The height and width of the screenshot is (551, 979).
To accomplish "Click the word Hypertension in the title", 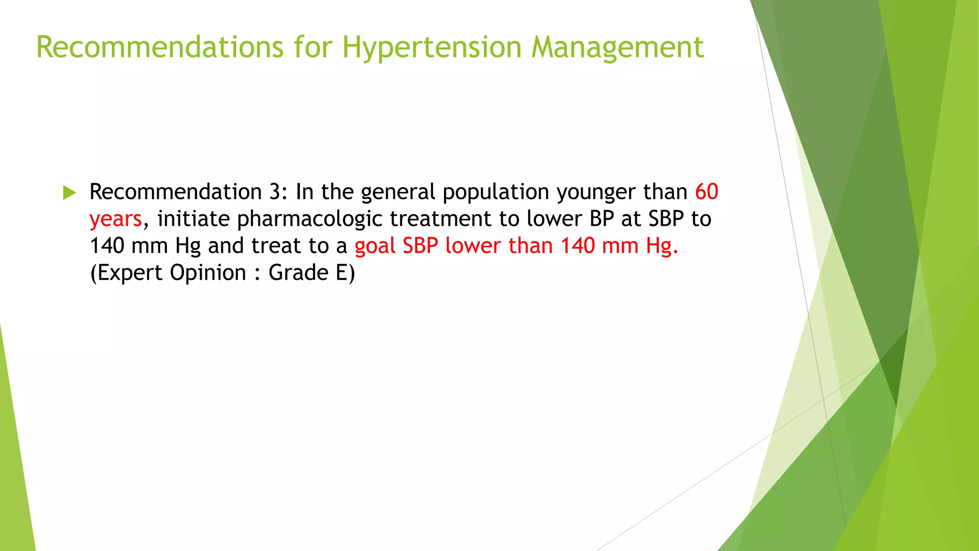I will pos(432,48).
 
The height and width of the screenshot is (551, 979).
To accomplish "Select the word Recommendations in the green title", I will pos(160,48).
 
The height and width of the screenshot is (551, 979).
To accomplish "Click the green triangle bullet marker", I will pos(69,193).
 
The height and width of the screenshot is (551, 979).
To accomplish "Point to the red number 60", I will pos(707,192).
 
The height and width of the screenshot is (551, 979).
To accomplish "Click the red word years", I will pos(116,220).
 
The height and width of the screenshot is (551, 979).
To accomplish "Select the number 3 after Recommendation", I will pos(275,192).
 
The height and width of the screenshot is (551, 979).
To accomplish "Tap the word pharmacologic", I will pos(309,220).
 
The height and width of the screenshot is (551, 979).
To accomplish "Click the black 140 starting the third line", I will pos(107,246).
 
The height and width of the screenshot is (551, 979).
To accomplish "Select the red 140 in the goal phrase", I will pos(577,246).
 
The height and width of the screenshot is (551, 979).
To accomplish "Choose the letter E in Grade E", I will pos(341,273).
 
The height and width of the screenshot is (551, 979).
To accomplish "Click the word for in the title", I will pos(313,48).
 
